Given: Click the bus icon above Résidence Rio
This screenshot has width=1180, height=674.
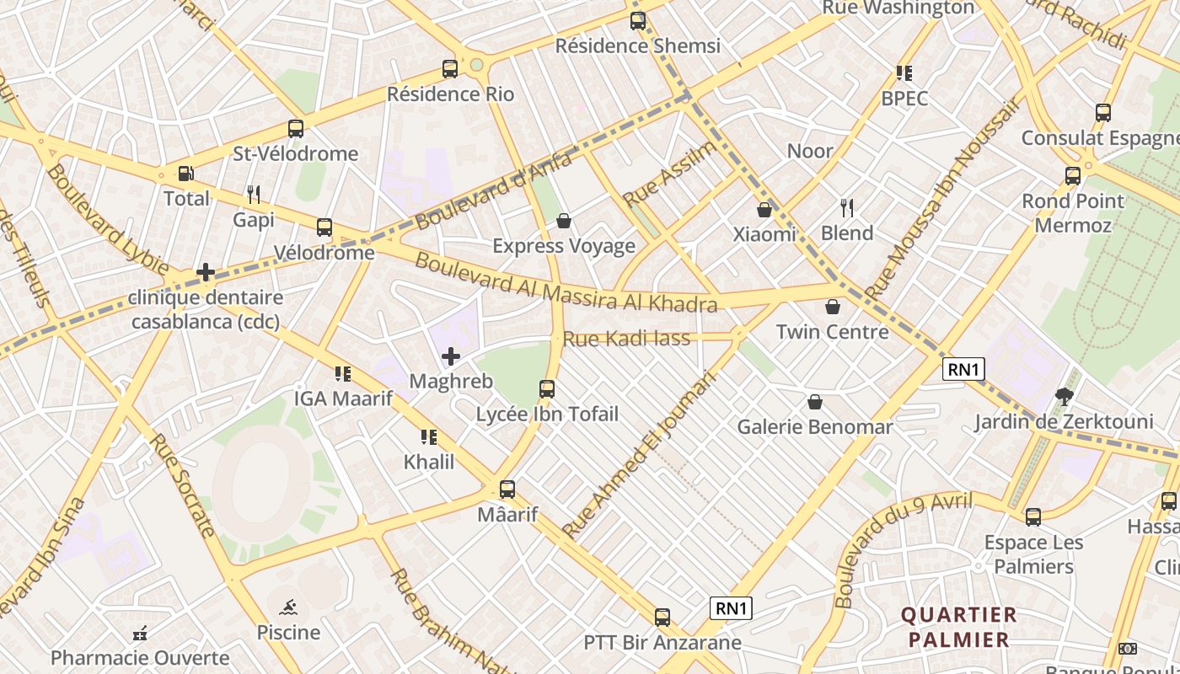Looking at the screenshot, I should point(450,69).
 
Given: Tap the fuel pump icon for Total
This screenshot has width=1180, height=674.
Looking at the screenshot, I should point(185,174).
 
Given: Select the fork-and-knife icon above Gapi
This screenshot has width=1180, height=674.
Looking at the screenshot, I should point(254,195).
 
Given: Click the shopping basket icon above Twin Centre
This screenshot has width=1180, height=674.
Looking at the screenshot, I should point(833,307).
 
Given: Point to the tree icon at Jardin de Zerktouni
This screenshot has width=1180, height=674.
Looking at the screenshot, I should point(1065,396).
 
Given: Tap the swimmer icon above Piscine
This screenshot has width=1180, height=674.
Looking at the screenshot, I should point(288,607).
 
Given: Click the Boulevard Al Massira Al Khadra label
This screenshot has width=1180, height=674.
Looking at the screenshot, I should point(565,284).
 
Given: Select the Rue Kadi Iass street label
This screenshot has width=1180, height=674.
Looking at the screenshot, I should point(626,339).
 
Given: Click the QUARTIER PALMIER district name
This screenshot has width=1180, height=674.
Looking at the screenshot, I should point(959,627).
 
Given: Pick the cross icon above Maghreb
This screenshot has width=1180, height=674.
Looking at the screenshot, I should point(451,356).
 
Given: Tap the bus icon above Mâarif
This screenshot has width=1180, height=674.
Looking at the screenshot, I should point(507,489).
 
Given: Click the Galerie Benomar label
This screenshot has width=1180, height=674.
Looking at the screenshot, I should point(814,427).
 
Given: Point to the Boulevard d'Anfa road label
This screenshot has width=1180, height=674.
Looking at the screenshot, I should point(494,190).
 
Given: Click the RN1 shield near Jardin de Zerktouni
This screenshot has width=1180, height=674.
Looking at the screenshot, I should point(963,369).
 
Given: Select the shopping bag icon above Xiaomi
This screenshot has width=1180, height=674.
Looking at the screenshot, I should point(764,210).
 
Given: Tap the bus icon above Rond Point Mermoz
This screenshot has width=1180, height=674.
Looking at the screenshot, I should point(1073,176).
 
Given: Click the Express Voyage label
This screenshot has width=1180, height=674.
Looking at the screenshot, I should point(563,246).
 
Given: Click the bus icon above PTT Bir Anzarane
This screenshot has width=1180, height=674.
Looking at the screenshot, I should point(662,618).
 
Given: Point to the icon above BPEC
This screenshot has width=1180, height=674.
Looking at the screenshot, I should point(904,73).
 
